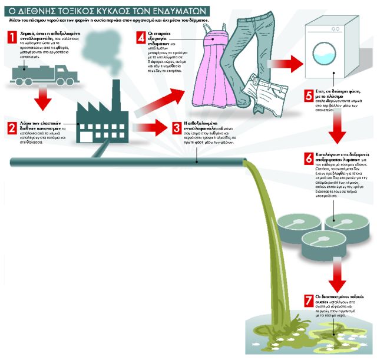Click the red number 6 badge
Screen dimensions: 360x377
pos(308,158)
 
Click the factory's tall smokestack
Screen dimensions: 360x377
pos(115,94)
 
